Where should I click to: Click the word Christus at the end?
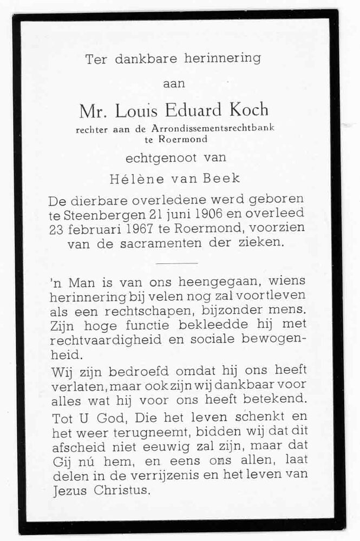point(117,491)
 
